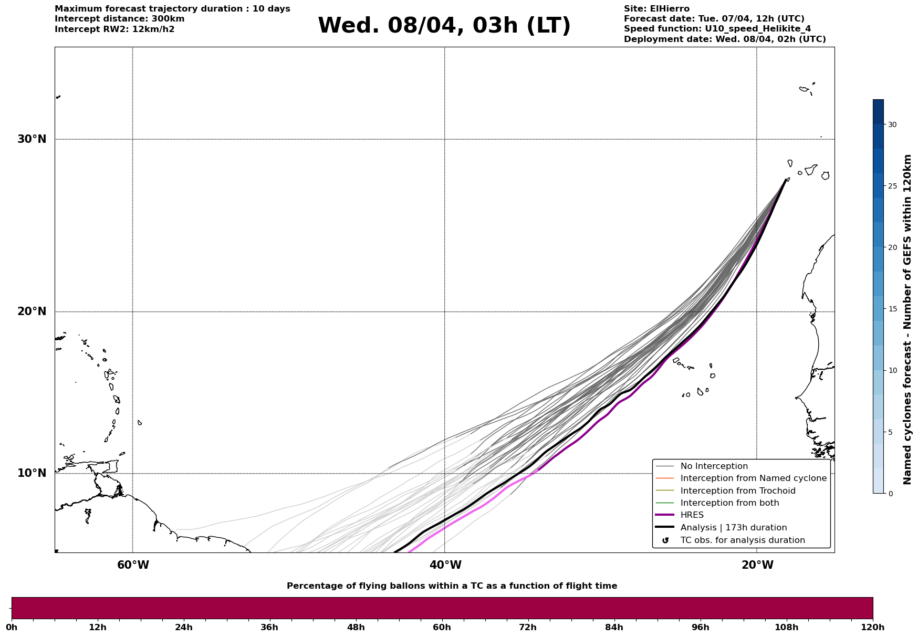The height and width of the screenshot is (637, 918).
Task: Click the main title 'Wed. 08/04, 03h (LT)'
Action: click(444, 26)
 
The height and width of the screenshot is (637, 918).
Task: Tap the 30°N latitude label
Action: click(32, 139)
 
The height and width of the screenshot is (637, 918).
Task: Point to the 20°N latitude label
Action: click(32, 311)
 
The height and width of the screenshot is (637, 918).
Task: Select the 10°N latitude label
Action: click(32, 473)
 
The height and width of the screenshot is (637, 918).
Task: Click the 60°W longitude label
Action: click(133, 565)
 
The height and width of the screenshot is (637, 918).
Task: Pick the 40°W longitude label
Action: click(445, 565)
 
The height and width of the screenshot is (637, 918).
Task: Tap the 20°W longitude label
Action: click(757, 565)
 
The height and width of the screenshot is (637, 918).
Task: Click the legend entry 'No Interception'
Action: click(714, 466)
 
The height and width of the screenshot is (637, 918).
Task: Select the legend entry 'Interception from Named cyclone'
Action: click(753, 478)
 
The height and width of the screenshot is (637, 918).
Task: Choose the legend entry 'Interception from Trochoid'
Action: click(737, 491)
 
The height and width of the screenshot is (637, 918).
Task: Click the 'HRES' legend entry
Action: click(692, 515)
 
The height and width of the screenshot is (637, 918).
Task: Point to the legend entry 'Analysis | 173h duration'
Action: click(733, 528)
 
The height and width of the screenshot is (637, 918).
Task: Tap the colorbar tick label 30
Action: click(892, 124)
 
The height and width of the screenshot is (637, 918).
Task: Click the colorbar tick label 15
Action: click(892, 309)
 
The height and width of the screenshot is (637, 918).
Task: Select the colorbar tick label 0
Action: click(890, 494)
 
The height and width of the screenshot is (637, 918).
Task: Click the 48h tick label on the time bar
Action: click(356, 627)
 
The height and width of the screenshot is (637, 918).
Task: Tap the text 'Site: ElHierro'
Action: click(656, 9)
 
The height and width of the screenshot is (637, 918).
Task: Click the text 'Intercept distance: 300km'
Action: click(119, 19)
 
